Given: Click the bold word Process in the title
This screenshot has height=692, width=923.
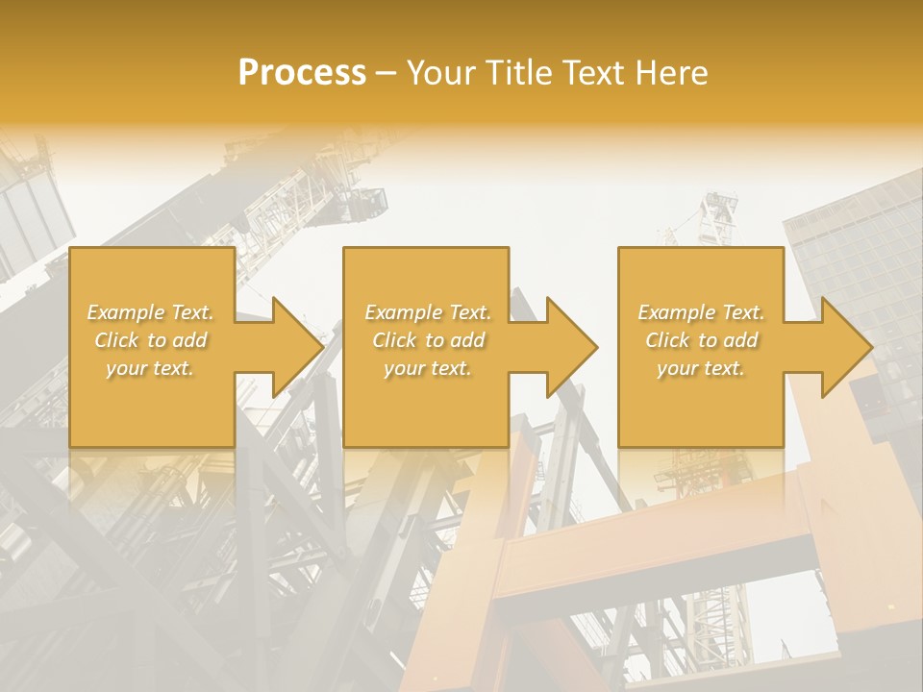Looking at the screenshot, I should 302,73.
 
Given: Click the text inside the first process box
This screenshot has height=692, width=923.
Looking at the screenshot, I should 151,340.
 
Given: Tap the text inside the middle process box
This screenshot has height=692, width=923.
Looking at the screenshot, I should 427,340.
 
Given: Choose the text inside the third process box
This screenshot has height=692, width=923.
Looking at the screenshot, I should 701,340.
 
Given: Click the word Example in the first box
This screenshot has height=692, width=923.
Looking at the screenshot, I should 125,312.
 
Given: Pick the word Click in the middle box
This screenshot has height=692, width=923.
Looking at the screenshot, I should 395,340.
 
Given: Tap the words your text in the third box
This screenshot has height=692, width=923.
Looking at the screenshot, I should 701,368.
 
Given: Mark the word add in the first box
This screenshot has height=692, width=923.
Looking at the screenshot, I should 189,340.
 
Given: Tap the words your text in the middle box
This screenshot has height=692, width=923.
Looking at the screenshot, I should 427,368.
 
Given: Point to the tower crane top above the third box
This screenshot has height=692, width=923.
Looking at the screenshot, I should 717,216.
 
